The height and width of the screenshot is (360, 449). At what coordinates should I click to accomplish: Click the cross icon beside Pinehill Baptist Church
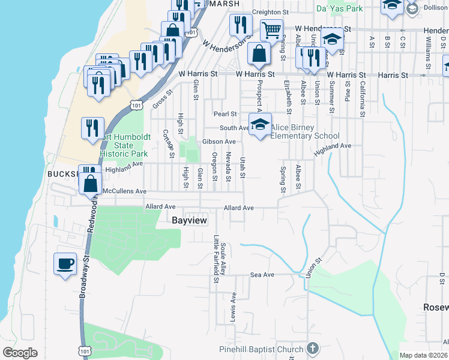(x=312, y=349)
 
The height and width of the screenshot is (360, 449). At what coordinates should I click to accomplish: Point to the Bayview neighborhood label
(x=189, y=221)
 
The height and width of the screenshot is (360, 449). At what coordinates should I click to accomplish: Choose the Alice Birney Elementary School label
(x=305, y=131)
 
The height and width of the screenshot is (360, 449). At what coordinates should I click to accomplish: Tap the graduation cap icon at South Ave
(x=260, y=125)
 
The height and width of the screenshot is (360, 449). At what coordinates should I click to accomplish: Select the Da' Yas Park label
(x=339, y=9)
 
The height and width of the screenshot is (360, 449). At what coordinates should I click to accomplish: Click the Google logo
(x=20, y=353)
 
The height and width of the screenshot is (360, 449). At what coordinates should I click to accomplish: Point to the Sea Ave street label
(x=262, y=275)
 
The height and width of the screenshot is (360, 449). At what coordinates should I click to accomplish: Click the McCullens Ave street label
(x=125, y=191)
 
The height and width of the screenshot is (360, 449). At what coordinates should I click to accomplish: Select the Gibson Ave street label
(x=218, y=142)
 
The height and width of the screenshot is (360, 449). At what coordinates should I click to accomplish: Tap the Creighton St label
(x=271, y=12)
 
